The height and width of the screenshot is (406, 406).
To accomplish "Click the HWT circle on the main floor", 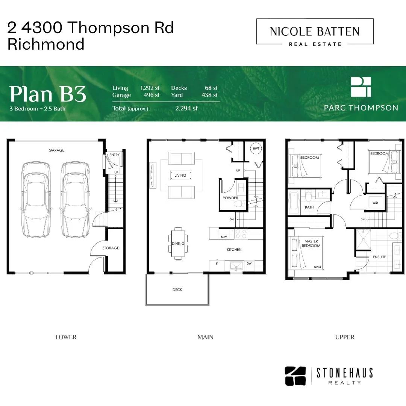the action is [x=256, y=148].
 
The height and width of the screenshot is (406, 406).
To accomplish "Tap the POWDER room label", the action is [x=230, y=198].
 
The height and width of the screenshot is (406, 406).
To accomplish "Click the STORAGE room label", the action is [x=111, y=248].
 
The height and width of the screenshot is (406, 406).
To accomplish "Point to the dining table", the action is [x=178, y=243].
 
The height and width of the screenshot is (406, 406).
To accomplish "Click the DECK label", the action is [x=177, y=289].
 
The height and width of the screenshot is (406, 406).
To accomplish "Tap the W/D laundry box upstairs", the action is [x=375, y=203].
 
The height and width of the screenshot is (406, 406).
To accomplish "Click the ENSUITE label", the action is [x=379, y=257].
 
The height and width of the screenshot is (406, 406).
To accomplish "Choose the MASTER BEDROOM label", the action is [x=311, y=243].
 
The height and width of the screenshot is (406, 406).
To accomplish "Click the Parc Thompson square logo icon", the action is [x=361, y=87].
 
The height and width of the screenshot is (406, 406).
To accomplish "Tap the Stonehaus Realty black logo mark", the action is [x=295, y=376].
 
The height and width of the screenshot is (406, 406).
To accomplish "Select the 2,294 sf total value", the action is [x=186, y=108].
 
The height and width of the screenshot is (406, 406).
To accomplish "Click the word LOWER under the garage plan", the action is [x=66, y=337].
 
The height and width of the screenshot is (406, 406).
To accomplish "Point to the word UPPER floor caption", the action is [x=345, y=337].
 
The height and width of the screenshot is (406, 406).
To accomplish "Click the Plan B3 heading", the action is [x=48, y=94].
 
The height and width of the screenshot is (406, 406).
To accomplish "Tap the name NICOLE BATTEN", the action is [x=315, y=32].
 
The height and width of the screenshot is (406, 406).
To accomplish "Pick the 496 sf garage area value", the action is [x=152, y=95].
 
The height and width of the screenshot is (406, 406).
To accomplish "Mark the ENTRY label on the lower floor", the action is [x=114, y=155].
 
